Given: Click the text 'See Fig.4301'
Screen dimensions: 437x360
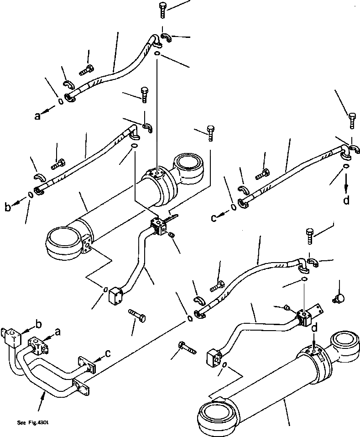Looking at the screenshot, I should (x=33, y=422).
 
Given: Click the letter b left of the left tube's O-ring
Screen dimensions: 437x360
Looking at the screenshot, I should (x=8, y=208).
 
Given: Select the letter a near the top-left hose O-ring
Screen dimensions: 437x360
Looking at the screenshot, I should (x=37, y=116).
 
